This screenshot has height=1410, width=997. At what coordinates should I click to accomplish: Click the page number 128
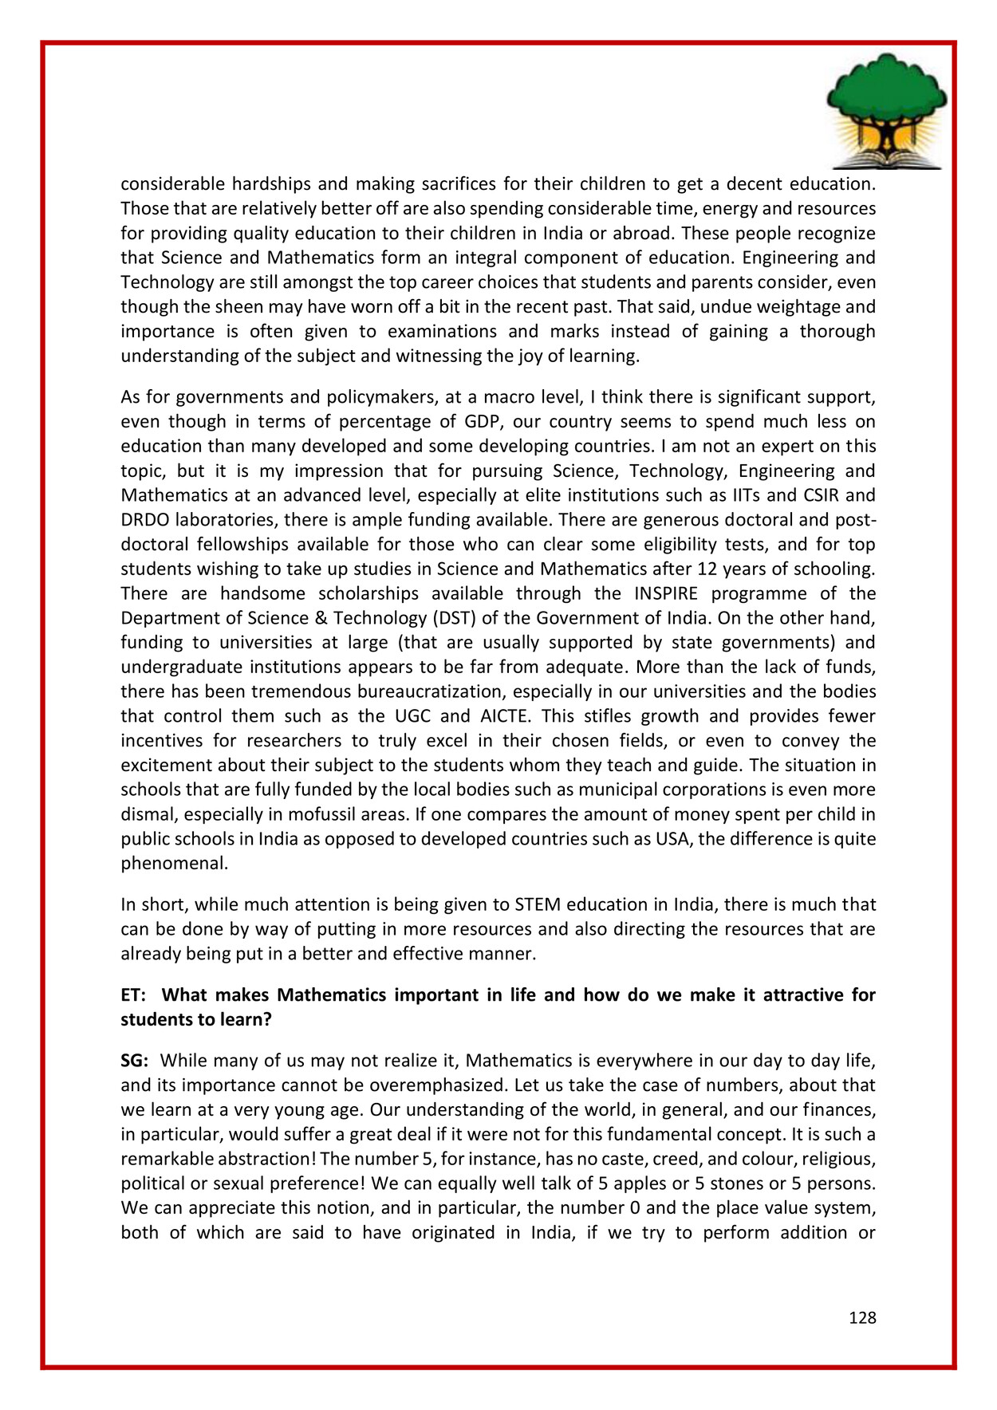pyautogui.click(x=862, y=1317)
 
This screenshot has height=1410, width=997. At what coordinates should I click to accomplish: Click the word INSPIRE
pyautogui.click(x=666, y=593)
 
